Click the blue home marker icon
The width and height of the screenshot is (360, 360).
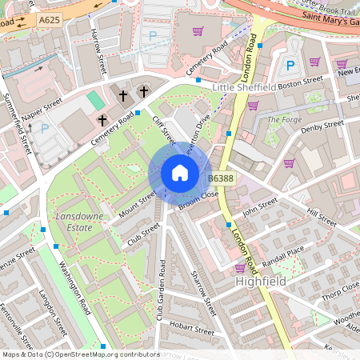click(x=180, y=173)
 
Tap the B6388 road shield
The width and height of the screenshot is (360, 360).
click(x=221, y=178)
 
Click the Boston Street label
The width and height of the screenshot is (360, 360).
click(x=301, y=81)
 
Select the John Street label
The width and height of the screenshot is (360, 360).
click(x=259, y=210)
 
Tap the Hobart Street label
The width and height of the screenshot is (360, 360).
click(x=192, y=329)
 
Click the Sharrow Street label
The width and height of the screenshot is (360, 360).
click(x=203, y=293)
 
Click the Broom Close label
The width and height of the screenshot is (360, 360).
click(x=198, y=201)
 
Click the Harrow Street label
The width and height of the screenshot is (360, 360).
click(x=98, y=50)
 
